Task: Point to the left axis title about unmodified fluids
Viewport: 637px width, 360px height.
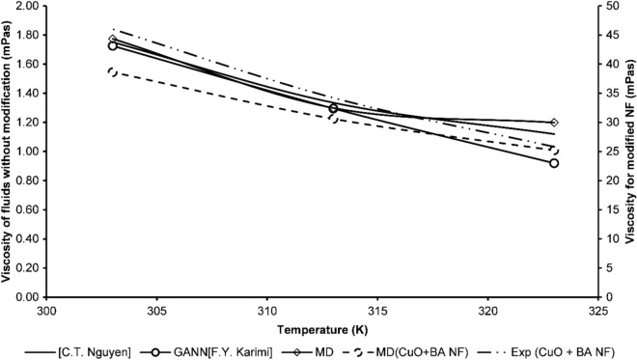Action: tap(9, 150)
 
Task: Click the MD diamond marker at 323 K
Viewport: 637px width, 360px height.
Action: tap(554, 123)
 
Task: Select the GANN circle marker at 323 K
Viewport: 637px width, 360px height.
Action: tap(554, 163)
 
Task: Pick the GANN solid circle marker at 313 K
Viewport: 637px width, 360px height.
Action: tap(333, 108)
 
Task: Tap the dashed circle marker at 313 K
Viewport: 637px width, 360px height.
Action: tap(333, 118)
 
